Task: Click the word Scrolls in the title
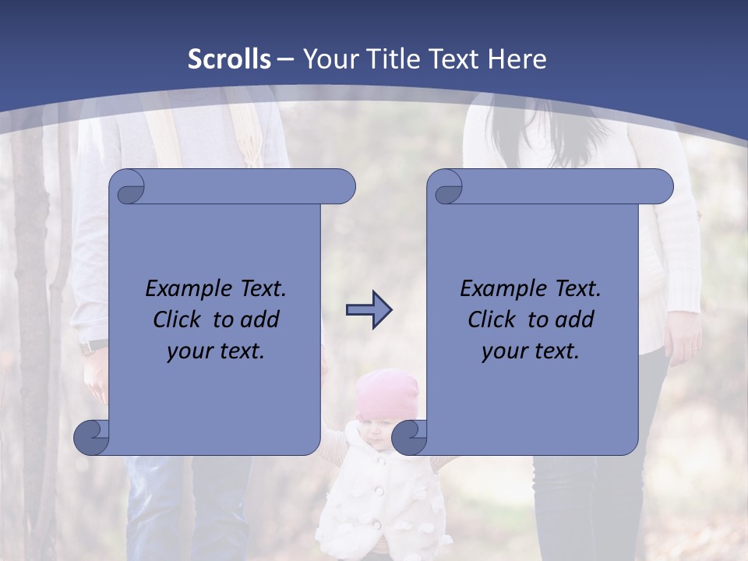(x=229, y=59)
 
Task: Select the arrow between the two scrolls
(x=369, y=310)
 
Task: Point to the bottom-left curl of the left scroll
(x=91, y=437)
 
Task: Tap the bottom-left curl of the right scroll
(x=409, y=437)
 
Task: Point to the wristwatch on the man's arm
(x=94, y=346)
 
